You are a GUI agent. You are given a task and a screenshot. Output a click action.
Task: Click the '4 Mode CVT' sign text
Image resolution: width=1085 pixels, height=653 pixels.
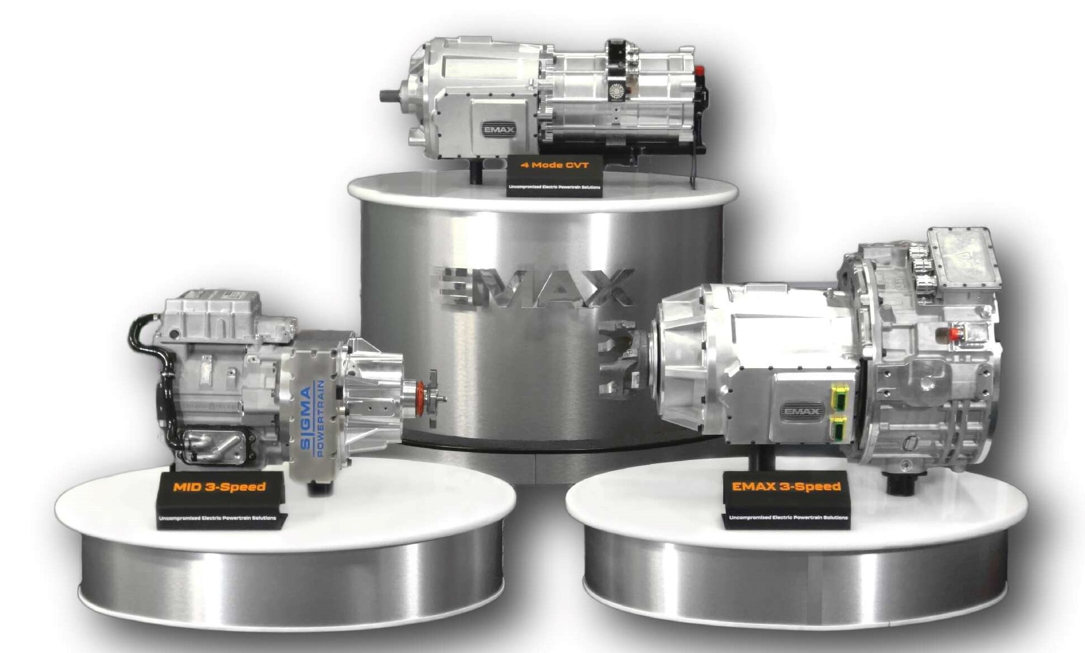point(555,165)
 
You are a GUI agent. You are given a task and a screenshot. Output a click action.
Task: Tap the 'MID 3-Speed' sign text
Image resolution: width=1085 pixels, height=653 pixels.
point(219,487)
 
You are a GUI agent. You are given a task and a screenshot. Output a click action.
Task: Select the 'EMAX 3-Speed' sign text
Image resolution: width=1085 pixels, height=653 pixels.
point(786,486)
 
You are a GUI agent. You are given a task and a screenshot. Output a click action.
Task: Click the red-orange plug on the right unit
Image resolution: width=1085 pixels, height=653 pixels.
point(954,334)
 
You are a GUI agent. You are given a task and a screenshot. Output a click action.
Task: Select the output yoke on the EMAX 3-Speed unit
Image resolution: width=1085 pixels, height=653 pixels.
point(622,358)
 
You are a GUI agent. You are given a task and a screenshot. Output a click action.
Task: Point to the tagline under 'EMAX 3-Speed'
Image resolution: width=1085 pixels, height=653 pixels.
point(788,518)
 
